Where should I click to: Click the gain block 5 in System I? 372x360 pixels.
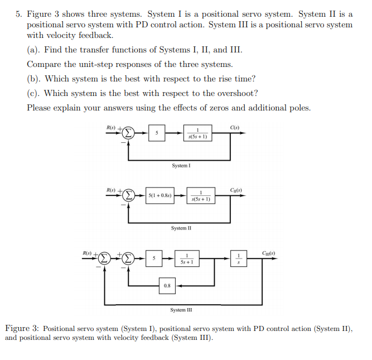click(157, 133)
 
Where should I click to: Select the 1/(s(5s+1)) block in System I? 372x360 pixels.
click(198, 133)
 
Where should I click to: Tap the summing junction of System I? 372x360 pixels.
click(129, 133)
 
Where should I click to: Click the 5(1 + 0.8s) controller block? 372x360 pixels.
click(160, 196)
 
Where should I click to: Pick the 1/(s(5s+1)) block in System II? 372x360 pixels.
click(201, 196)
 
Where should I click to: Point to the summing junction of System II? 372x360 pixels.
click(129, 196)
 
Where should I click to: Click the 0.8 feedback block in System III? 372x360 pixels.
click(167, 285)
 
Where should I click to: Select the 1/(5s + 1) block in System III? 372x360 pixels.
click(187, 259)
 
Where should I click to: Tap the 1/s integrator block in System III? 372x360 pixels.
click(239, 259)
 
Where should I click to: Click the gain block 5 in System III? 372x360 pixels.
click(154, 259)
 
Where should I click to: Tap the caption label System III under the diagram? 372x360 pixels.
click(182, 310)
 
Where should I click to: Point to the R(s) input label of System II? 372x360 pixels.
click(111, 190)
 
